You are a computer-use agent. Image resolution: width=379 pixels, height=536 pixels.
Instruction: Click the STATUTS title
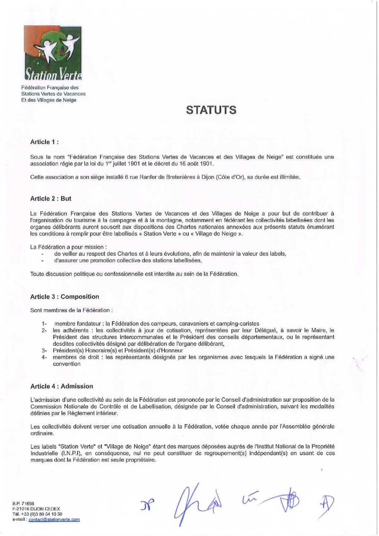point(211,110)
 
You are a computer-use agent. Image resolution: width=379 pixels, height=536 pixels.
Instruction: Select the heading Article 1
point(44,142)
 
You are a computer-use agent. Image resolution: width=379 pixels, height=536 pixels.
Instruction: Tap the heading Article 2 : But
point(51,198)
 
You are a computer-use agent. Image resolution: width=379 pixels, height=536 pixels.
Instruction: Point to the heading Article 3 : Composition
point(64,297)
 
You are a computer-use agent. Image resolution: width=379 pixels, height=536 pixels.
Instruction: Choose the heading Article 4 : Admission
point(61,386)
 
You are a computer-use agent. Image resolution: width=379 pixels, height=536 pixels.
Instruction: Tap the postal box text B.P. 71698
point(23,503)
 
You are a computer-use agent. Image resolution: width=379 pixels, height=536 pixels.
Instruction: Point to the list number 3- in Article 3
point(44,351)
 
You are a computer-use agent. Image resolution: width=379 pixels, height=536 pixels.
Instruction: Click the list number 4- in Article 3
point(44,357)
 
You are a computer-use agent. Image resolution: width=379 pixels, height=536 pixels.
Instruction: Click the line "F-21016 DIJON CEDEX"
point(36,509)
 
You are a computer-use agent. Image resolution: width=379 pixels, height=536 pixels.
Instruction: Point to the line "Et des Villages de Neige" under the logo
point(49,100)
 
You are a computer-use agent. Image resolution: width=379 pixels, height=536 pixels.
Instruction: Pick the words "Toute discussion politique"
point(64,274)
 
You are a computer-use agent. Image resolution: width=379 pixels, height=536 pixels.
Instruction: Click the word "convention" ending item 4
point(67,364)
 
